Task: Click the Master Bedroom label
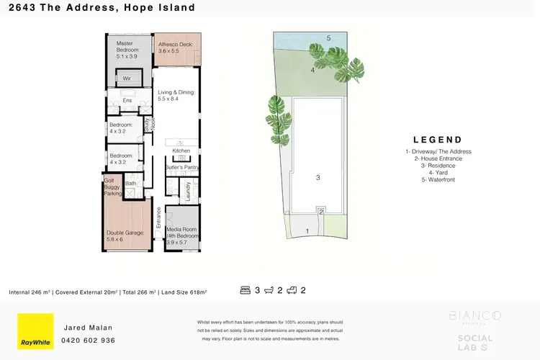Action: pos(126,50)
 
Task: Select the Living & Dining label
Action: pos(176,95)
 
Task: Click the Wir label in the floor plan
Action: pos(127,78)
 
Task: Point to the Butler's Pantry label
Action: pos(181,167)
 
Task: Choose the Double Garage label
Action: pos(126,236)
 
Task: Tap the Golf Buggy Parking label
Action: pos(112,186)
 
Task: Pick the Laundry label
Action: pos(189,191)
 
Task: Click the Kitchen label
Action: pos(181,150)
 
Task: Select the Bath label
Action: pos(131,184)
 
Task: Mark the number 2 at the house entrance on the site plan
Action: pos(321,211)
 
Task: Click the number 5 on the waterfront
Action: pos(328,38)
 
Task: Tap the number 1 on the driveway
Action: pos(307,231)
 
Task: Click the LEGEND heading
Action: pos(438,140)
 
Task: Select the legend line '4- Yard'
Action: pos(438,173)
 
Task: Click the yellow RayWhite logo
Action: pos(35,331)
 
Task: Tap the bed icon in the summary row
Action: pos(246,291)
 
